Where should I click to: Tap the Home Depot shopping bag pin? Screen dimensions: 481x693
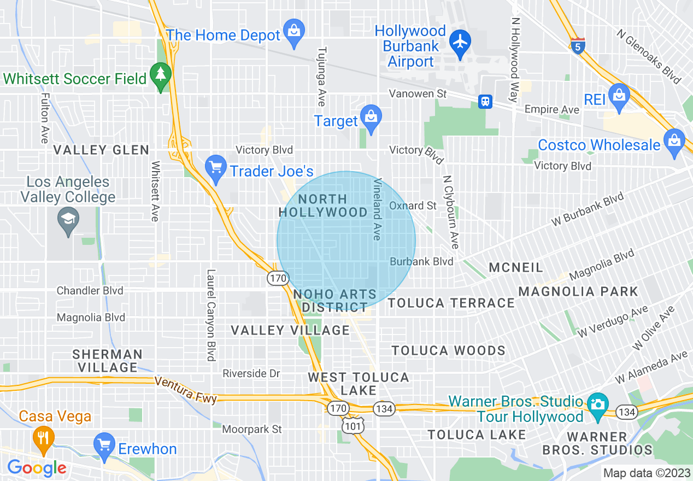point(294,32)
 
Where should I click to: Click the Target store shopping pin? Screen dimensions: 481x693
point(371,118)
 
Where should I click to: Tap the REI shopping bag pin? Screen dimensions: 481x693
point(619,96)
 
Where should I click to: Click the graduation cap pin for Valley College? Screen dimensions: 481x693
point(68,221)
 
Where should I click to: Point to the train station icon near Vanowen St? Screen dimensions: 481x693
point(485,101)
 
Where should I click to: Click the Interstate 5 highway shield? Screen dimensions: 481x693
point(578,45)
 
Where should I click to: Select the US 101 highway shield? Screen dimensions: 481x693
point(356,425)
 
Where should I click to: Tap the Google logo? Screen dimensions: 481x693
point(37,468)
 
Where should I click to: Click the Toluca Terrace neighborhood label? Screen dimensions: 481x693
point(451,303)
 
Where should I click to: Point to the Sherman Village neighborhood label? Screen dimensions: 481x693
point(108,361)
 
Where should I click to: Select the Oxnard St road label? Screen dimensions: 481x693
point(413,206)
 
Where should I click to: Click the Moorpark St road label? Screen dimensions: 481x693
point(252,429)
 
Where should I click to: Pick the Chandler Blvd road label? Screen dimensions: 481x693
point(90,291)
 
